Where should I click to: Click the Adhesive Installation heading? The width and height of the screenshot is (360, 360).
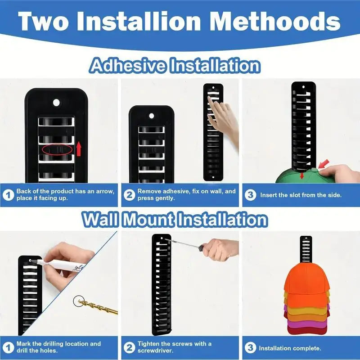(175, 66)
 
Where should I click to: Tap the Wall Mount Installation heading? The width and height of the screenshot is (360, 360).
(175, 220)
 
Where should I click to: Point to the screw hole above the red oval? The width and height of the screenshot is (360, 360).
(56, 103)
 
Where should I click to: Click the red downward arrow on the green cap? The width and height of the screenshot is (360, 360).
(302, 175)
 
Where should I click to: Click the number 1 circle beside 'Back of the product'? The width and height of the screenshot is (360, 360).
(9, 195)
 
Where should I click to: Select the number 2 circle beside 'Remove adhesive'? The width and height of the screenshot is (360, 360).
(129, 195)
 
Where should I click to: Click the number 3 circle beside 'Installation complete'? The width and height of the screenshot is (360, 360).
(250, 348)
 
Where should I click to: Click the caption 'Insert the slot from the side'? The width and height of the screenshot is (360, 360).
(301, 195)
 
